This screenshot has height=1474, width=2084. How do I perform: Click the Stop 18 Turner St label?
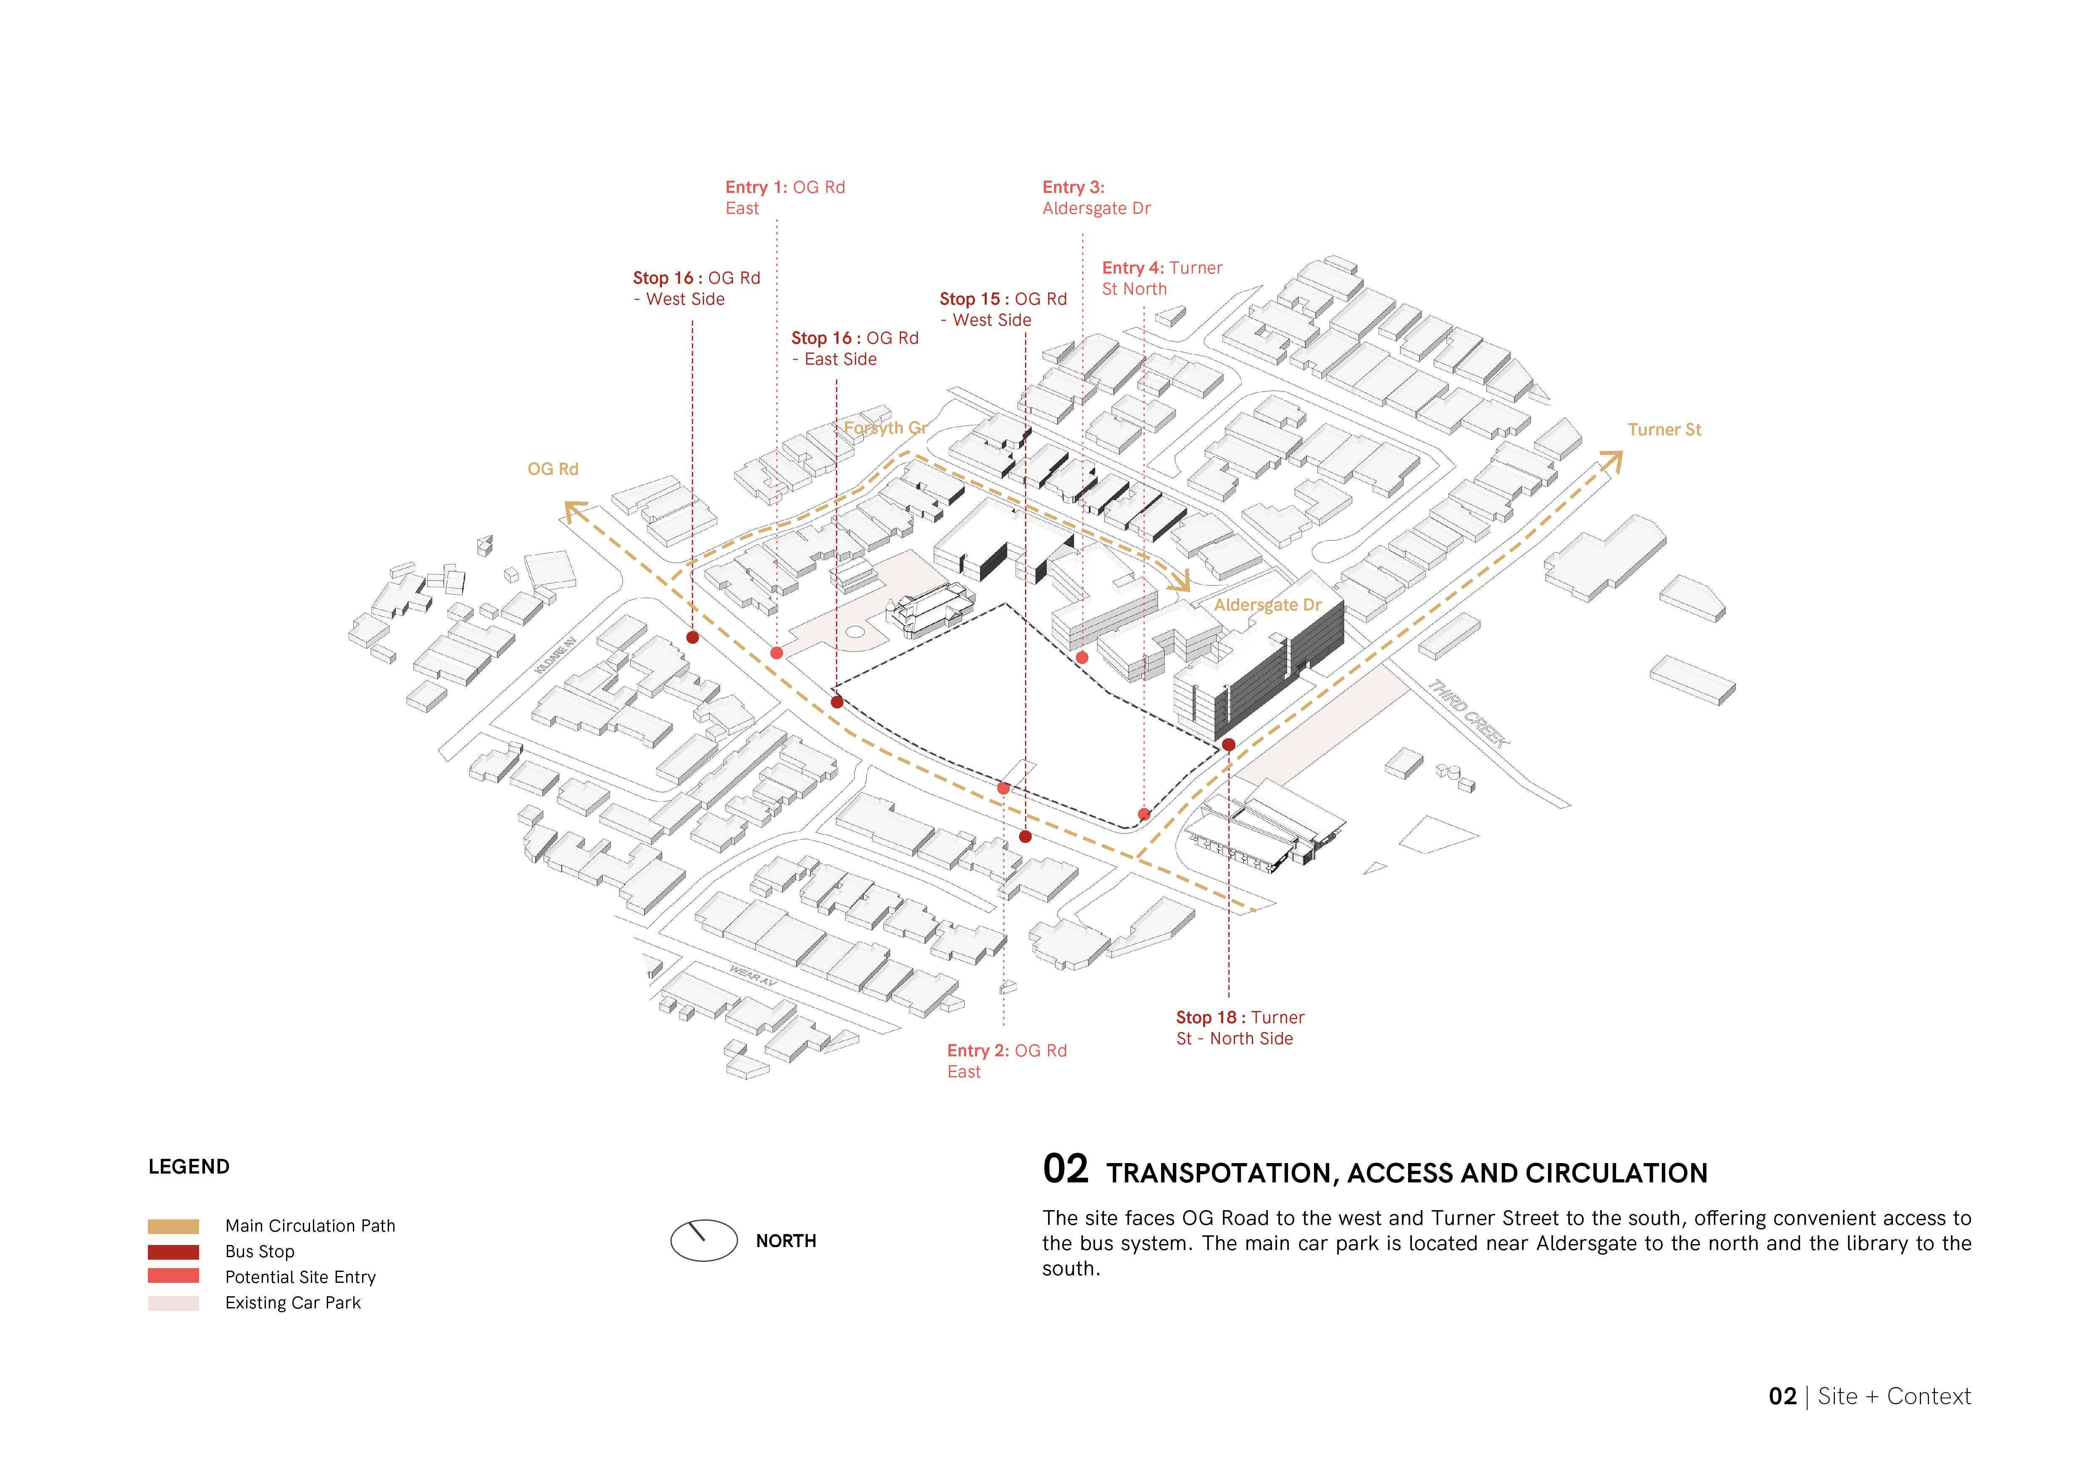point(1239,1027)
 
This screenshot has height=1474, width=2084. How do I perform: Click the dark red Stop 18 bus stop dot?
point(1228,744)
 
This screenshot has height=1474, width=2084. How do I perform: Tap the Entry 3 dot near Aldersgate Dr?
point(1081,657)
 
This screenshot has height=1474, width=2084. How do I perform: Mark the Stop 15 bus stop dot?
point(1025,836)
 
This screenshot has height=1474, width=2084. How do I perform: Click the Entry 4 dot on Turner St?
point(1143,814)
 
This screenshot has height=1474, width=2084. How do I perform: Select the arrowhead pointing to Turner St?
point(1611,461)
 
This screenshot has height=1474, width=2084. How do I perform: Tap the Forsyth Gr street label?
point(885,427)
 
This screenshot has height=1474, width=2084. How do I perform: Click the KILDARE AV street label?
point(555,655)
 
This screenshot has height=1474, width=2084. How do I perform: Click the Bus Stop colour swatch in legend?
point(173,1252)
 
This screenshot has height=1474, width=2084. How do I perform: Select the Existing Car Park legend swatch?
point(173,1303)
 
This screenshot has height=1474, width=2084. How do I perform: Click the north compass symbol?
point(704,1240)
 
